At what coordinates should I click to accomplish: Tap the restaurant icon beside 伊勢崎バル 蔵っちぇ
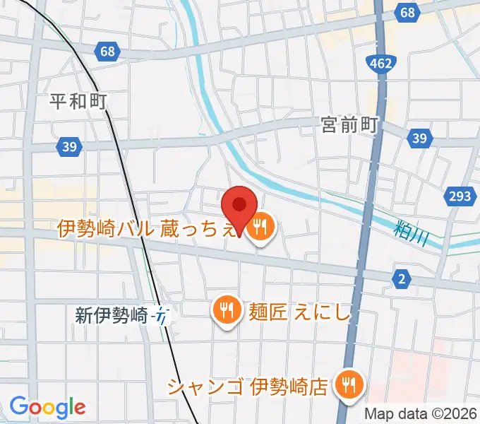261,227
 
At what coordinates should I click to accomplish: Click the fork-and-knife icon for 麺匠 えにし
225,310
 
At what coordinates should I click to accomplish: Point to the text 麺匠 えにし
299,311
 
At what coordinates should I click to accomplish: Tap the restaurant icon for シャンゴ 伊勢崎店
348,384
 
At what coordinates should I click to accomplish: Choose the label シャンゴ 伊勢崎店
248,387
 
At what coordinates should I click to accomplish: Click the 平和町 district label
78,101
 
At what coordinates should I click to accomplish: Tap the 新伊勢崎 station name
111,315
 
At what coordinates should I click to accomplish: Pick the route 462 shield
380,65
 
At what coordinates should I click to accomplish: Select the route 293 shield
459,196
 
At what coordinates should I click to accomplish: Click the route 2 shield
402,280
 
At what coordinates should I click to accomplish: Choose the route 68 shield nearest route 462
407,12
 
